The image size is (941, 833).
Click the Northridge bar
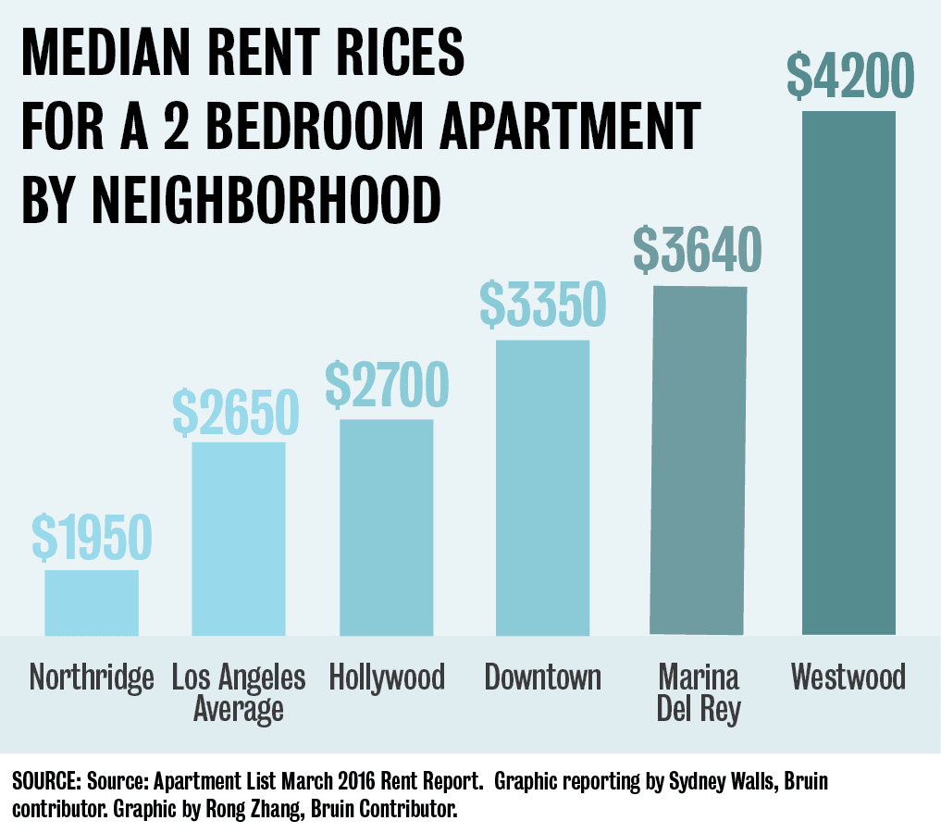pos(92,602)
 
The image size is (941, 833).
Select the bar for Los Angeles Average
pos(239,539)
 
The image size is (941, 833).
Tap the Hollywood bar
pos(386,528)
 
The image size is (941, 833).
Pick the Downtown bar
pos(543,488)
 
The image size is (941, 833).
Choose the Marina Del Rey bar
pos(699,460)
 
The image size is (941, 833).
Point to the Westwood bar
pos(848,373)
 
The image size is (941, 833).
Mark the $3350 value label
pos(543,305)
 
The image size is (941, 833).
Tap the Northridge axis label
pos(91,678)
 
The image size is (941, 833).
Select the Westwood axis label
pos(848,678)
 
